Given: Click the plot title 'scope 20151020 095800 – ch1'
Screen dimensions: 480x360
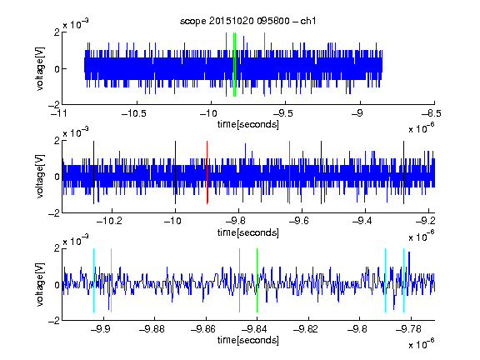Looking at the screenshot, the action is click(x=248, y=21).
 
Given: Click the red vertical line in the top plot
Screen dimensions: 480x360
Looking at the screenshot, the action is click(x=226, y=65).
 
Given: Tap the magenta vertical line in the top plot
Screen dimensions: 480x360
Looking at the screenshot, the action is click(x=264, y=65).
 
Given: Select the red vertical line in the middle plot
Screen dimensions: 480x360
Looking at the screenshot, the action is click(x=207, y=172).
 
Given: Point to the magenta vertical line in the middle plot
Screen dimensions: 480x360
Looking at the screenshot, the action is click(x=290, y=172).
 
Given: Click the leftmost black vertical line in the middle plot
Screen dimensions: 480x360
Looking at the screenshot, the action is click(x=93, y=172).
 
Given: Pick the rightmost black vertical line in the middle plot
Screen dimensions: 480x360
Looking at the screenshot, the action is click(x=403, y=172).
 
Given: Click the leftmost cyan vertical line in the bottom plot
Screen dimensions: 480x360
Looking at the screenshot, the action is click(x=93, y=280).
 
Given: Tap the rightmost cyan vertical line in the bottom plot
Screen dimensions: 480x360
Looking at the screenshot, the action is click(x=403, y=280).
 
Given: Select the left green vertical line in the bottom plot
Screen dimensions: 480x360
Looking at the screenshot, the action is click(x=239, y=280).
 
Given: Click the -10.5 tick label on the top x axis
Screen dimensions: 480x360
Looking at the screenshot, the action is click(x=134, y=113).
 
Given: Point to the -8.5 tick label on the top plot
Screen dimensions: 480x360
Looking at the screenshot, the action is click(x=432, y=113).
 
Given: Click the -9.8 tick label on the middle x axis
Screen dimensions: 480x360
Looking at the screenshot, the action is click(x=238, y=221).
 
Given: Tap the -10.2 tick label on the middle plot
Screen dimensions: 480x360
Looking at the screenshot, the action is click(x=109, y=221).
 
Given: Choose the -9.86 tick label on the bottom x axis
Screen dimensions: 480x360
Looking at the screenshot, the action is click(x=203, y=329).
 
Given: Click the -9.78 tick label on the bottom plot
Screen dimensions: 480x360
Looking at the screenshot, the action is click(x=408, y=329).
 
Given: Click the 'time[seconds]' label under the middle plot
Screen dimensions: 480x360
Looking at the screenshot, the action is click(x=248, y=232).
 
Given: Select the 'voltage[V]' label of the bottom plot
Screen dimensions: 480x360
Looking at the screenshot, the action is click(x=40, y=284).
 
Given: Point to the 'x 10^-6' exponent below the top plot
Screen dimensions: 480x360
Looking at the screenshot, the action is click(x=422, y=127).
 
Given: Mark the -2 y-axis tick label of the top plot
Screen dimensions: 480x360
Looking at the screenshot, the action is click(x=54, y=105).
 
